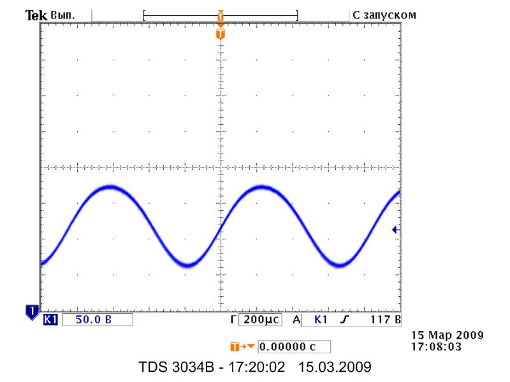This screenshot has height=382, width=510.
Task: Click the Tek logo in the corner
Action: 32,14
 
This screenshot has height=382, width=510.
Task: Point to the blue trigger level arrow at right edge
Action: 396,230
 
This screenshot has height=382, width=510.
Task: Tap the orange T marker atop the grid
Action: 221,33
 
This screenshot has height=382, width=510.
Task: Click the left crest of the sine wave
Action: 110,187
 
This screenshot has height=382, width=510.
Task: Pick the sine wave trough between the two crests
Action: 187,265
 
